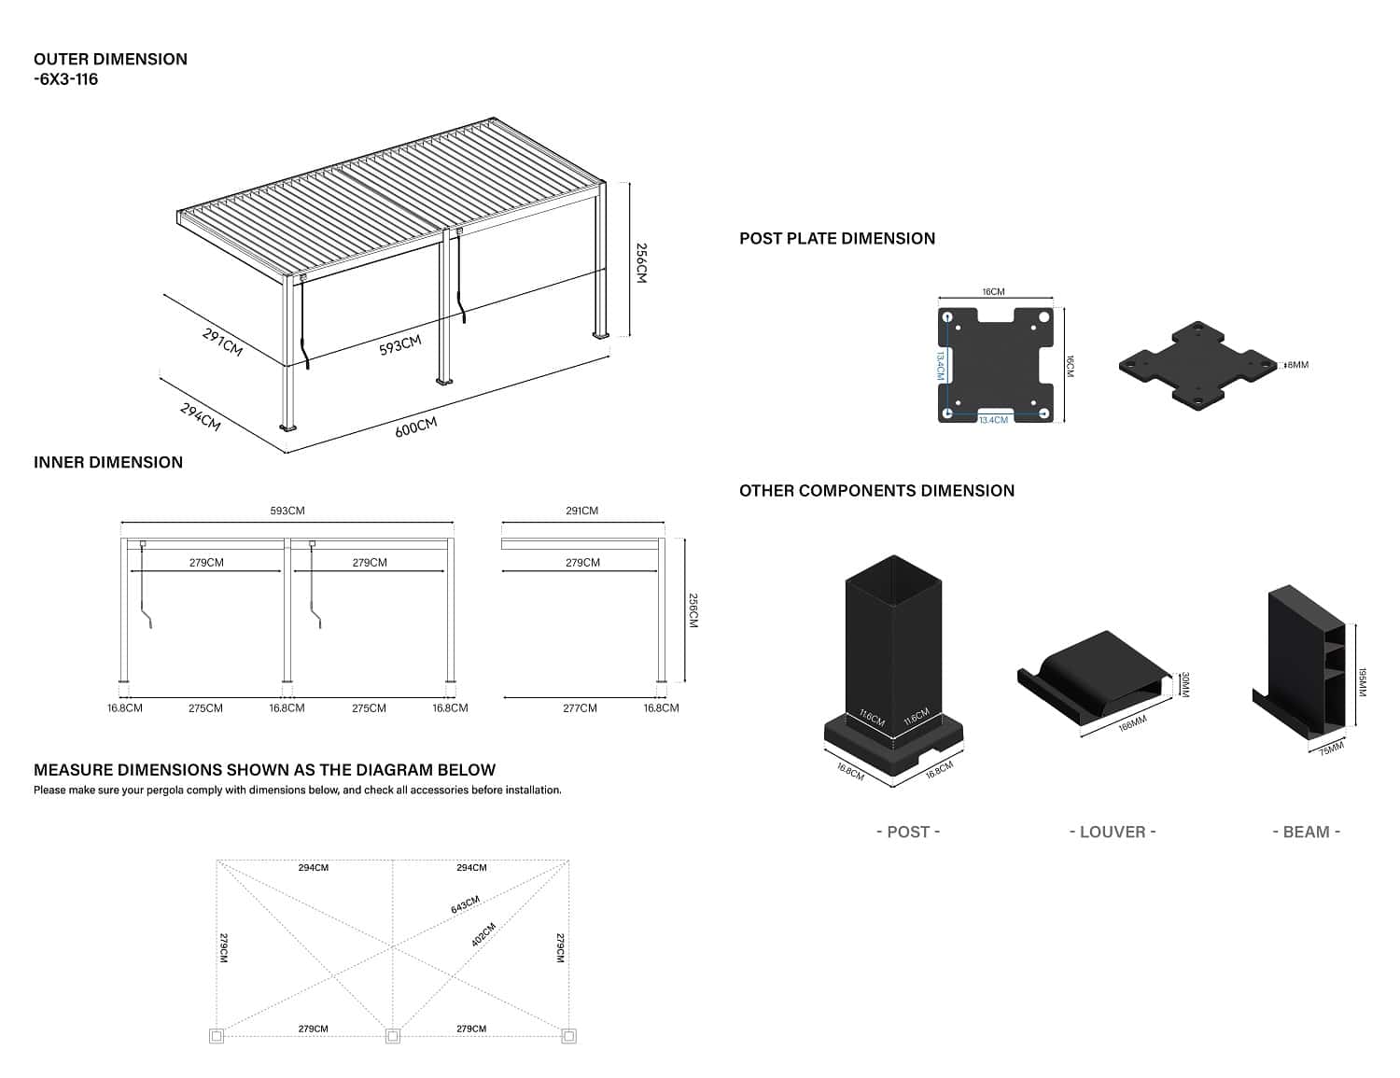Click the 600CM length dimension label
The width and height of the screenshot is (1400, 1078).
pyautogui.click(x=415, y=427)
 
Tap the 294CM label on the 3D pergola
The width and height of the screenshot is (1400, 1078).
pyautogui.click(x=200, y=416)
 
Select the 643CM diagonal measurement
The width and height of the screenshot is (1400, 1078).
pyautogui.click(x=465, y=904)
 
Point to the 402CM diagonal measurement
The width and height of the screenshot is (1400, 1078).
pyautogui.click(x=483, y=935)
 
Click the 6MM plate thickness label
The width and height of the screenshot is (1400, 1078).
pyautogui.click(x=1297, y=365)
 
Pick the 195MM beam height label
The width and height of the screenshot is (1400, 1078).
pyautogui.click(x=1362, y=681)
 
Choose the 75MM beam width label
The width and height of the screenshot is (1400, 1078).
pyautogui.click(x=1332, y=748)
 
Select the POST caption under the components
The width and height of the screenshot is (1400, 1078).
pyautogui.click(x=908, y=832)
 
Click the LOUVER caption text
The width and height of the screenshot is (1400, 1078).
pyautogui.click(x=1113, y=832)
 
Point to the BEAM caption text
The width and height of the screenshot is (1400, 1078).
pyautogui.click(x=1306, y=832)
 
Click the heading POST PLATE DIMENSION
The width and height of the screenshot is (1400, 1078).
pyautogui.click(x=836, y=239)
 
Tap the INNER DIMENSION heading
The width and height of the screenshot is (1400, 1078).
pyautogui.click(x=108, y=463)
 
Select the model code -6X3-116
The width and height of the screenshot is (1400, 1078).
pyautogui.click(x=65, y=79)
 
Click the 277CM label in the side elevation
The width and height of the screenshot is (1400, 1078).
pyautogui.click(x=580, y=708)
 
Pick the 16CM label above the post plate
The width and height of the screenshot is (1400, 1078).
pyautogui.click(x=993, y=292)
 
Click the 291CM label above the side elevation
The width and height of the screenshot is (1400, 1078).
pyautogui.click(x=581, y=511)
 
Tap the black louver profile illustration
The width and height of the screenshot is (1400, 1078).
pyautogui.click(x=1092, y=677)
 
